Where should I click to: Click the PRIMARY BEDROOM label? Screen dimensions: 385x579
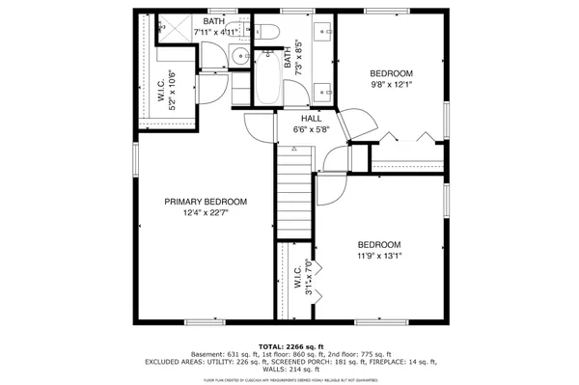206,202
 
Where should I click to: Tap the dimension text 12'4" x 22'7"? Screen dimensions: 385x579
206,213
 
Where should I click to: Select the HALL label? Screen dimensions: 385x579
312,118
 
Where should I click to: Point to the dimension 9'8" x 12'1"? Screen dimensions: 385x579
392,85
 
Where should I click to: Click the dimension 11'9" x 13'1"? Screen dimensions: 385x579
379,257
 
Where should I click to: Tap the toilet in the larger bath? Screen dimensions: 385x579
268,36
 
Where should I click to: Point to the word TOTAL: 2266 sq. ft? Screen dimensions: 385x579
290,345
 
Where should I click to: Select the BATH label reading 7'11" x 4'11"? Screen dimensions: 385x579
215,26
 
